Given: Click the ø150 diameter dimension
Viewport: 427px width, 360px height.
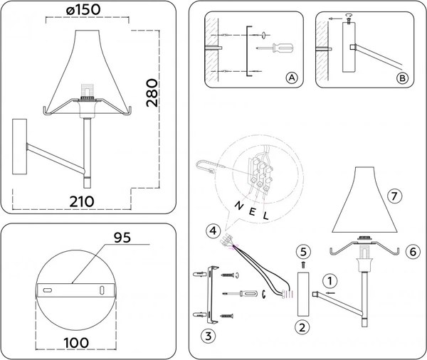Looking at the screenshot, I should [81, 12].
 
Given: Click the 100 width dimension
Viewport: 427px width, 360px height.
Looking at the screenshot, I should [75, 342].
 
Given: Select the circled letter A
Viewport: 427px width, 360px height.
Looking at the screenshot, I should [290, 77].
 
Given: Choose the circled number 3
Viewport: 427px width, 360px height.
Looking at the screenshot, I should [207, 335].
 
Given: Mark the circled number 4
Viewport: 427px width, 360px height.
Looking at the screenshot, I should [213, 230].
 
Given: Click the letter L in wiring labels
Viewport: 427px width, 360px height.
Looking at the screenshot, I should [265, 215].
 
